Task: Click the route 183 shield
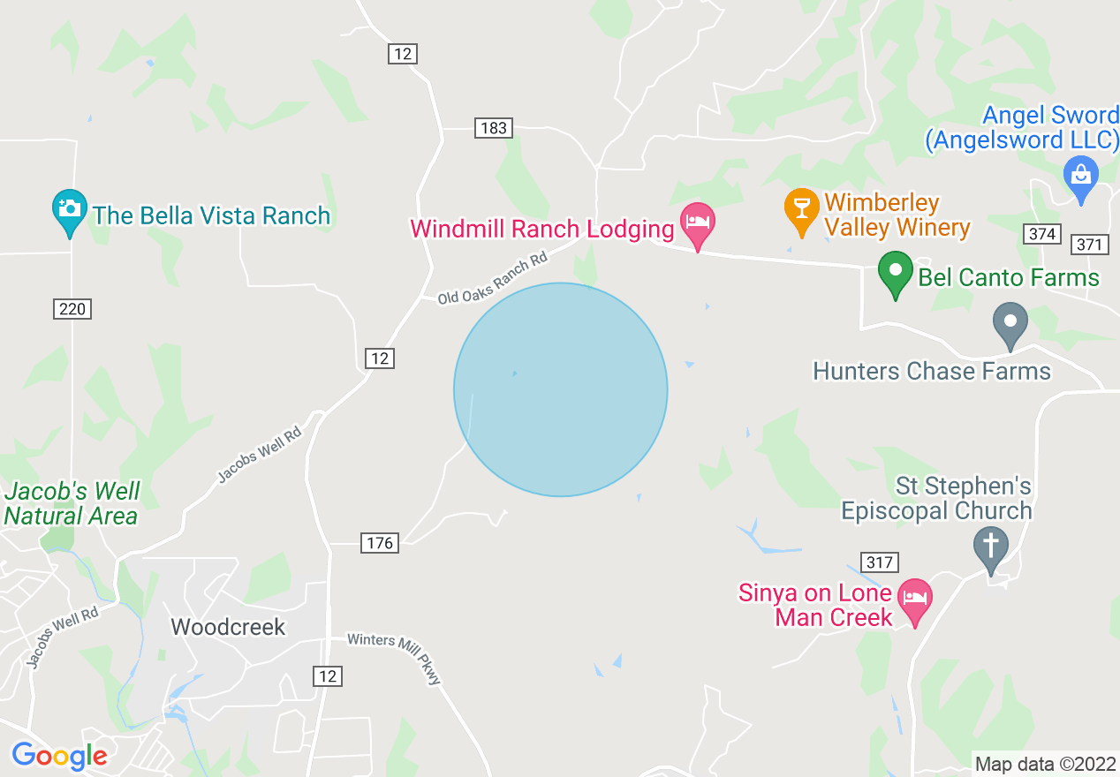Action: (x=493, y=128)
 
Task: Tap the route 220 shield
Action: (x=72, y=309)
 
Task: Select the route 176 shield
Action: (x=380, y=542)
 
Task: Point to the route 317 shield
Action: (x=880, y=562)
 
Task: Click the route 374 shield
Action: (x=1042, y=233)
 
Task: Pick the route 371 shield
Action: (x=1089, y=245)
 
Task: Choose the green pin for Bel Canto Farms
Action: (x=895, y=273)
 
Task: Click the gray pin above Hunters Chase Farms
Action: (x=1010, y=323)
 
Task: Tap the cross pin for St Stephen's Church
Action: (x=991, y=547)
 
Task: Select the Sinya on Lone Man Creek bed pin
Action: (x=914, y=600)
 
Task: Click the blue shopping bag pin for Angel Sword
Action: (x=1080, y=177)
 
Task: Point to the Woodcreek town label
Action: (x=228, y=627)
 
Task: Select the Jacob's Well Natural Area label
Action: (x=72, y=503)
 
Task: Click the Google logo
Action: (x=59, y=756)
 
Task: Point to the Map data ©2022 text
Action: (x=1045, y=764)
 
